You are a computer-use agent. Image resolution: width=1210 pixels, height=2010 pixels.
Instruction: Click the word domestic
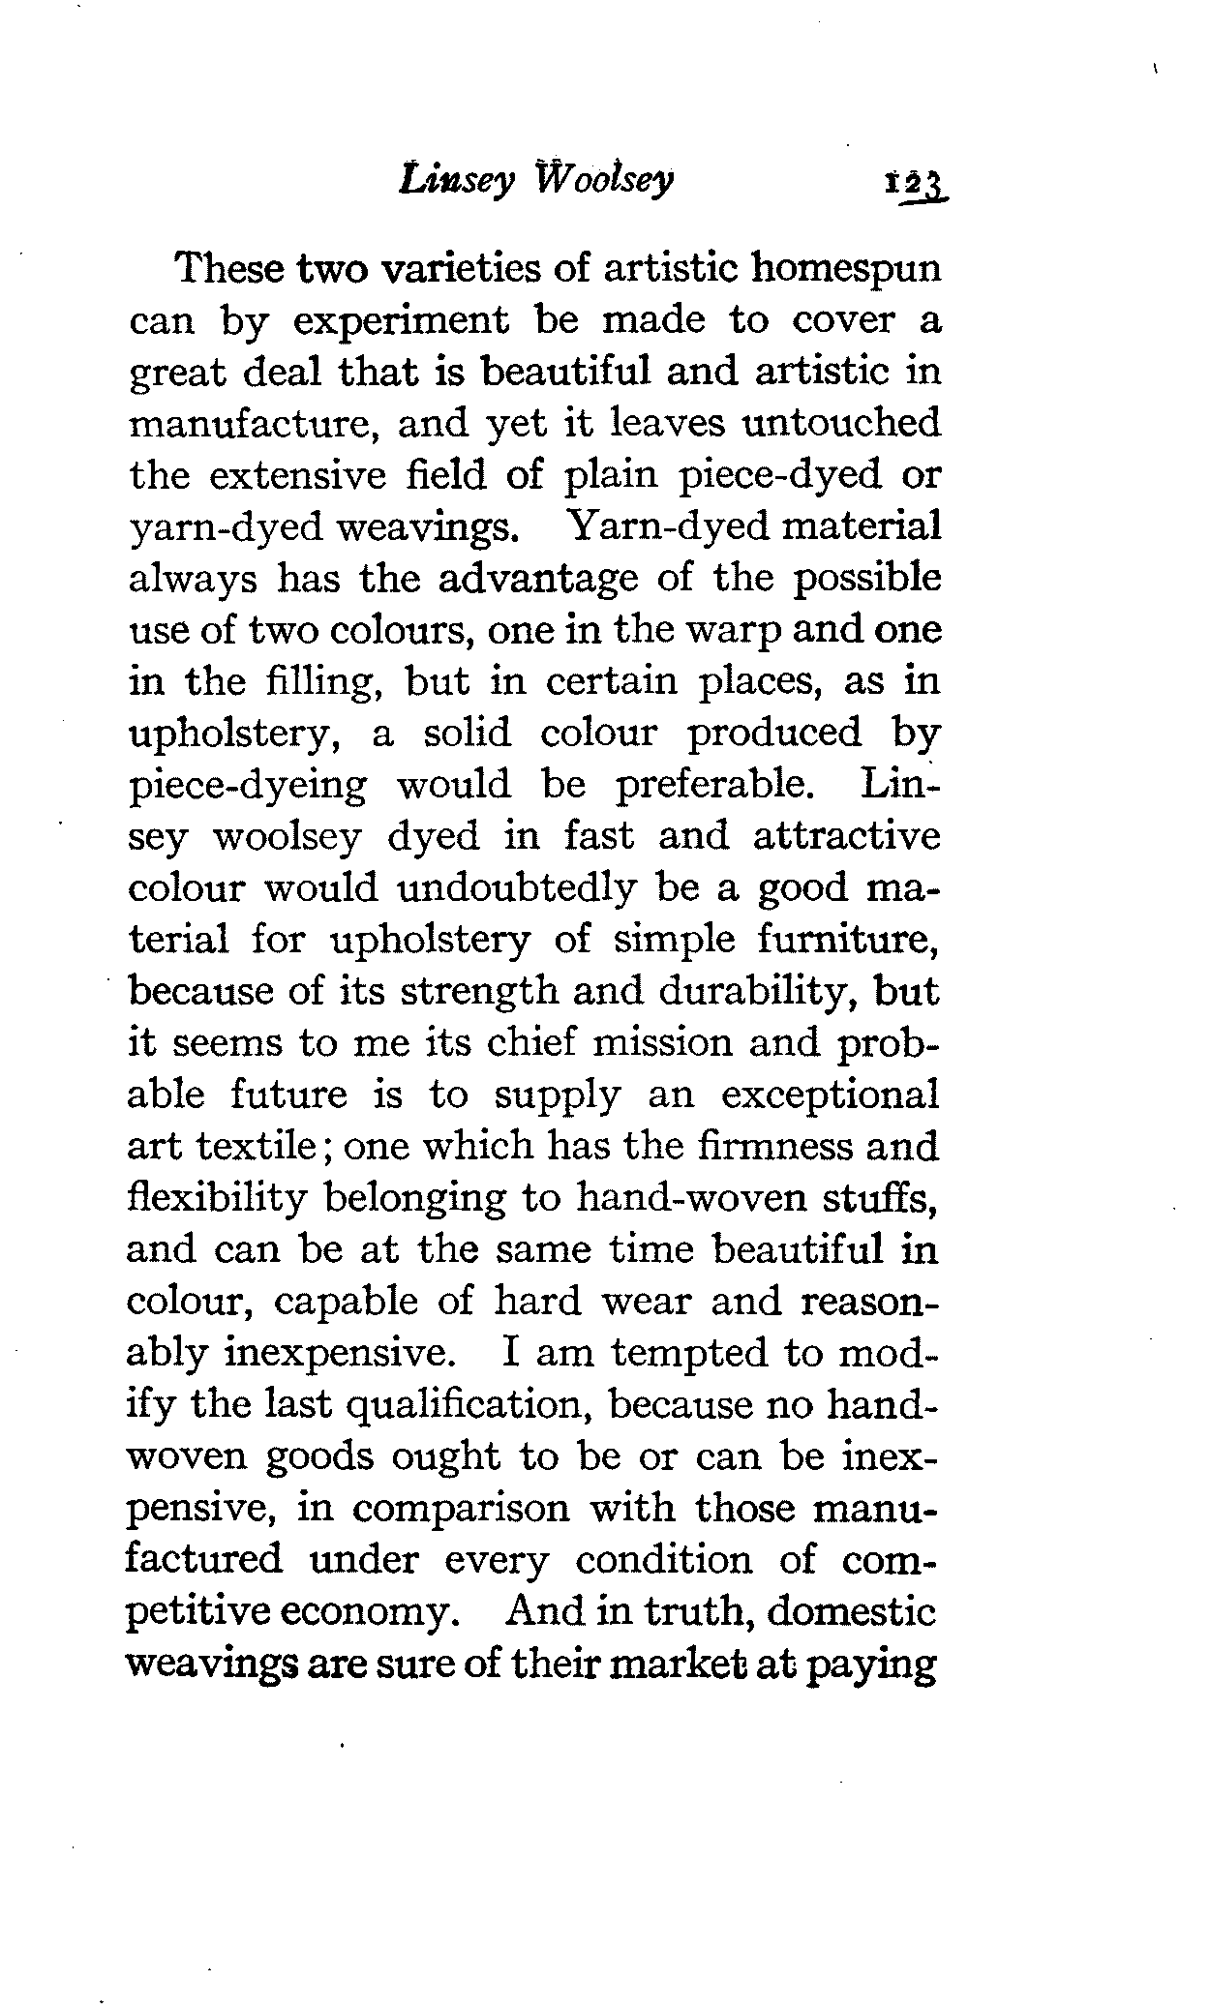tap(853, 1611)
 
